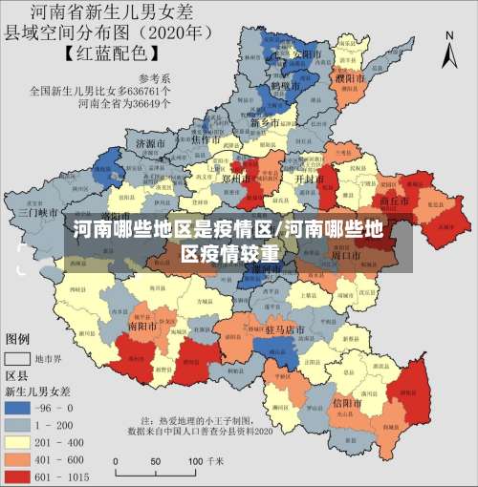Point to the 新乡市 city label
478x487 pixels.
click(265, 123)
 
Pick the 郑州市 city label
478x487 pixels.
click(235, 178)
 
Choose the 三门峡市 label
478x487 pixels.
click(39, 212)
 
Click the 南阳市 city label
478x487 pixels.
click(144, 325)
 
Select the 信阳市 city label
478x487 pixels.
click(346, 404)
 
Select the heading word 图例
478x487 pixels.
click(17, 339)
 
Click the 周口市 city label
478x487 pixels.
click(343, 255)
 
